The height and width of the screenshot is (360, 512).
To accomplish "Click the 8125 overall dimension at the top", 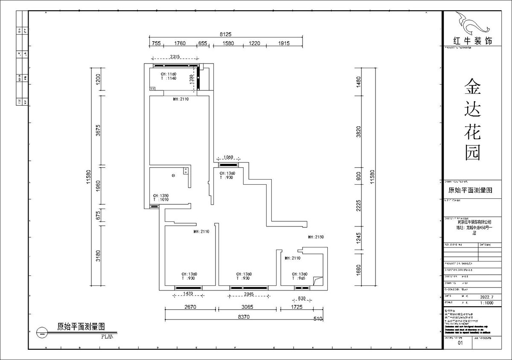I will (x=225, y=34).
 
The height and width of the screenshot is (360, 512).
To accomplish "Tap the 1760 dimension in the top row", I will (x=180, y=43).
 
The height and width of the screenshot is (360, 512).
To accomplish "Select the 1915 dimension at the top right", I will (x=284, y=43).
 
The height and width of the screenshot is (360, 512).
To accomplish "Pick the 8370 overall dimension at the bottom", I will (x=244, y=317).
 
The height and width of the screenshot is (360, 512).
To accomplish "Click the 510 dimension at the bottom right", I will (x=317, y=319).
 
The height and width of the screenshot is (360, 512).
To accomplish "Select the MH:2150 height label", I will (x=316, y=237).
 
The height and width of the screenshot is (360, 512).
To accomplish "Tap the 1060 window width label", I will (x=228, y=157).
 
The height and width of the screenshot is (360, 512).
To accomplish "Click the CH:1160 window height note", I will (x=163, y=74).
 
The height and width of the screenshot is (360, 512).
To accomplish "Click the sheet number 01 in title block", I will (x=460, y=343).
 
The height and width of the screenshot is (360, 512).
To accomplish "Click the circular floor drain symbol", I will (x=173, y=175).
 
